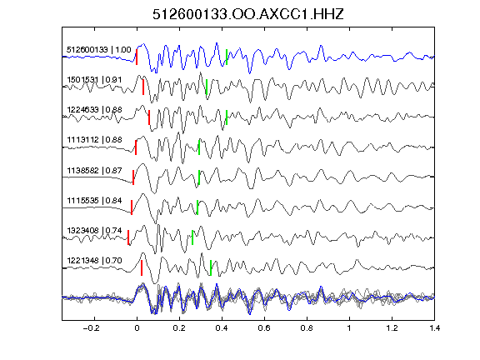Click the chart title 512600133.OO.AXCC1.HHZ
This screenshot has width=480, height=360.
click(248, 14)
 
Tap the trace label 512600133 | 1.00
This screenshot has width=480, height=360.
click(99, 50)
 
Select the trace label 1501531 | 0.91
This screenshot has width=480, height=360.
click(94, 80)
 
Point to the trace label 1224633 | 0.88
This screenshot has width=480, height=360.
click(94, 110)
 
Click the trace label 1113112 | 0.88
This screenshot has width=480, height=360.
click(94, 140)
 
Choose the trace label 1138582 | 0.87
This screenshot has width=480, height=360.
click(94, 170)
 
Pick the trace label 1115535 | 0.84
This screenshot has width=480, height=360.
click(94, 201)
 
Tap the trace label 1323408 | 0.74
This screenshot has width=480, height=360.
click(94, 230)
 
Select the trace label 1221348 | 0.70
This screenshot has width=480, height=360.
click(94, 261)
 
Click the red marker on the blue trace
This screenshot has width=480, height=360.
click(137, 57)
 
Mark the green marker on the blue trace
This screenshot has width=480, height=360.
click(227, 57)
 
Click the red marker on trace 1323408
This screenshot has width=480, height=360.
click(128, 237)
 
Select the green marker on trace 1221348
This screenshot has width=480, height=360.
click(211, 267)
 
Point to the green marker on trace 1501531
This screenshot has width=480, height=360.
click(207, 87)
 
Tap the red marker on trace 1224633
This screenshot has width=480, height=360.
click(149, 117)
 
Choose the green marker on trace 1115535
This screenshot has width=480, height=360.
click(197, 207)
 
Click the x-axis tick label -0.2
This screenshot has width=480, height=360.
click(92, 328)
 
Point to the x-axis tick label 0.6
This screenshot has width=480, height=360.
click(264, 328)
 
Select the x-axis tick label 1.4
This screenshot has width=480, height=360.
click(435, 328)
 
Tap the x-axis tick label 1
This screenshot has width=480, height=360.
click(349, 328)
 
